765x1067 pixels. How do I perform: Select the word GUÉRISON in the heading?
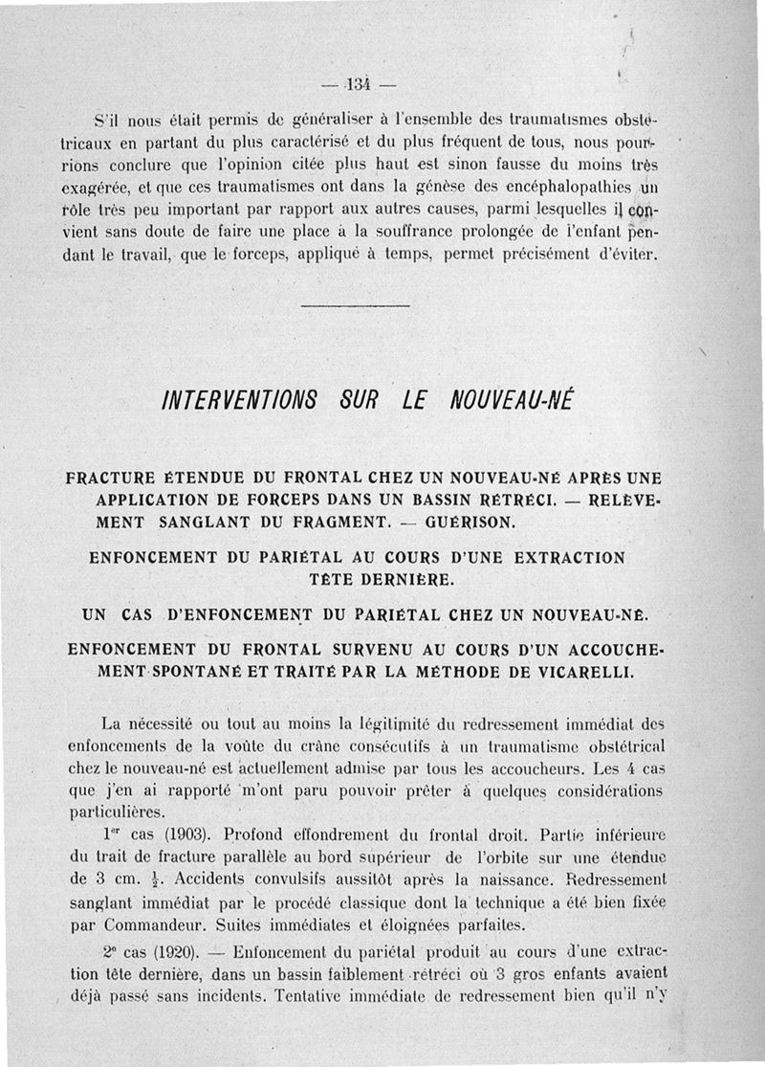pyautogui.click(x=470, y=522)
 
